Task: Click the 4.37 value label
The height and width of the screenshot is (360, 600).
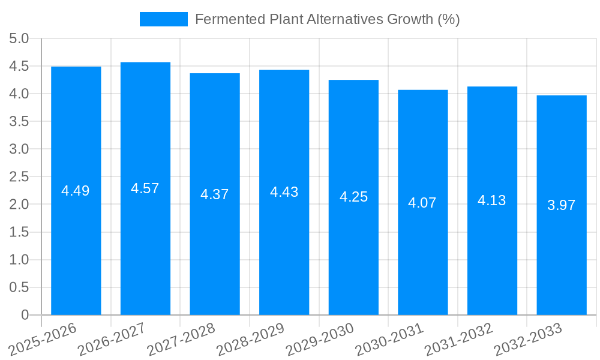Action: [215, 194]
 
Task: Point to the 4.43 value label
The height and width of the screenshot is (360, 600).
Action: [284, 192]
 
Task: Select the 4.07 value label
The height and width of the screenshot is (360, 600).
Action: [422, 203]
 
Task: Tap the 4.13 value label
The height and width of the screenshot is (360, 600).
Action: [492, 200]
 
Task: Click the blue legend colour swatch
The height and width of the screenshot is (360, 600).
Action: [163, 19]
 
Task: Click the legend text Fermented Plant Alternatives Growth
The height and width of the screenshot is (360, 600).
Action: [327, 19]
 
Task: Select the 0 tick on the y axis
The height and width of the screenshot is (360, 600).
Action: [25, 315]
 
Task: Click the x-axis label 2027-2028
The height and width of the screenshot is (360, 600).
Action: [181, 340]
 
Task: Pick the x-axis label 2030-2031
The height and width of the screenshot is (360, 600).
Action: [389, 340]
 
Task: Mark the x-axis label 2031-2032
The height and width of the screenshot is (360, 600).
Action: [458, 340]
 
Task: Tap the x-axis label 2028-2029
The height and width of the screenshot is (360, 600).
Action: [250, 340]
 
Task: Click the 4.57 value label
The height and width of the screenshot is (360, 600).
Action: [145, 188]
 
